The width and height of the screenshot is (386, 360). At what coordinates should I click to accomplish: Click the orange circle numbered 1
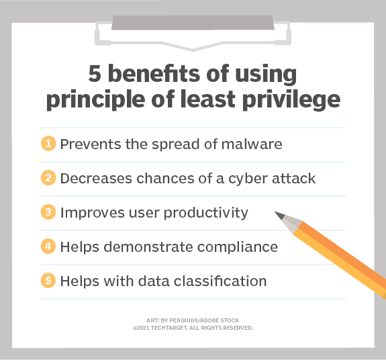tap(48, 144)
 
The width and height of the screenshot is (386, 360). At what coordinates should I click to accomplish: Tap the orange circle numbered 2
tap(48, 178)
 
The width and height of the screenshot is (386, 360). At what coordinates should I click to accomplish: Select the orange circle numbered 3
tap(48, 212)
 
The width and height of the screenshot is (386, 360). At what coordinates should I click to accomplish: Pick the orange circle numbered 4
tap(48, 246)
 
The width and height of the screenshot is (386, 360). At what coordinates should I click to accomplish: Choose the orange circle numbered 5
tap(48, 281)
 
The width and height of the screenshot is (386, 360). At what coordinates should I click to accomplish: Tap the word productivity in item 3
tap(204, 213)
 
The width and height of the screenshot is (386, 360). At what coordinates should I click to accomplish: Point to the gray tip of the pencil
tap(283, 218)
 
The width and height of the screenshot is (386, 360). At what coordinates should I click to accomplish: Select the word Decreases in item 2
tap(92, 179)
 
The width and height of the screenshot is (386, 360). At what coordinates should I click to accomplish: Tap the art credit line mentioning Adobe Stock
tap(193, 320)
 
